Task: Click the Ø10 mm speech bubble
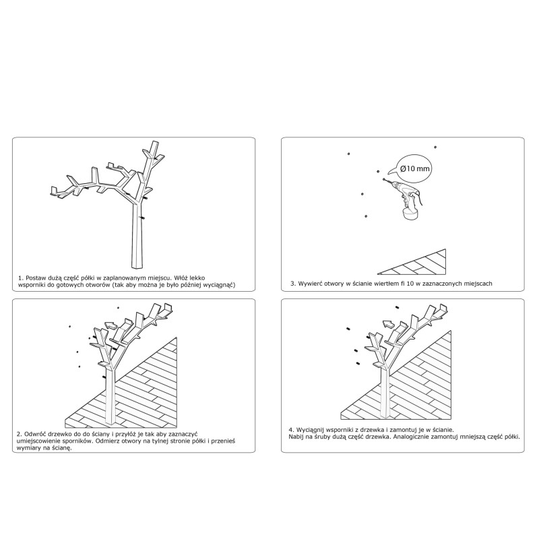pyautogui.click(x=414, y=168)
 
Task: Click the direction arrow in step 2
pyautogui.click(x=110, y=325)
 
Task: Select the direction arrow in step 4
pyautogui.click(x=389, y=324)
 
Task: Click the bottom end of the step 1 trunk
pyautogui.click(x=137, y=267)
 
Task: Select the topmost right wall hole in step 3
pyautogui.click(x=435, y=147)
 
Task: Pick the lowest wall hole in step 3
pyautogui.click(x=366, y=216)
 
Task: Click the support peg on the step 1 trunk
pyautogui.click(x=142, y=217)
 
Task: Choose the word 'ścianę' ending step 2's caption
pyautogui.click(x=62, y=448)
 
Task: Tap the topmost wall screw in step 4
pyautogui.click(x=397, y=307)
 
